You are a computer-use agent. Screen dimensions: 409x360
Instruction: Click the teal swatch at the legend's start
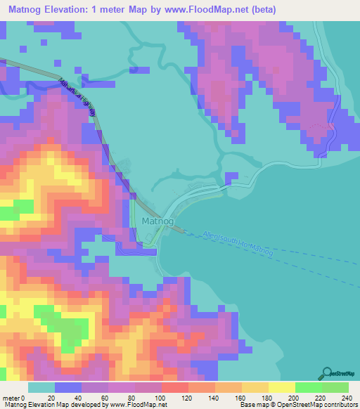[x=41, y=387]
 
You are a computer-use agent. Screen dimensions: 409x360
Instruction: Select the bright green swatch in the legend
[x=309, y=387]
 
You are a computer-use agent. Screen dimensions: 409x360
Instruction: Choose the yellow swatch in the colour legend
[x=281, y=387]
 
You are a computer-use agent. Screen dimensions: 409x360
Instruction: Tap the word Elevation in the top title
[x=74, y=10]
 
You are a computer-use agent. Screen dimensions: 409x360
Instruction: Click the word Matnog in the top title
[x=25, y=10]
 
